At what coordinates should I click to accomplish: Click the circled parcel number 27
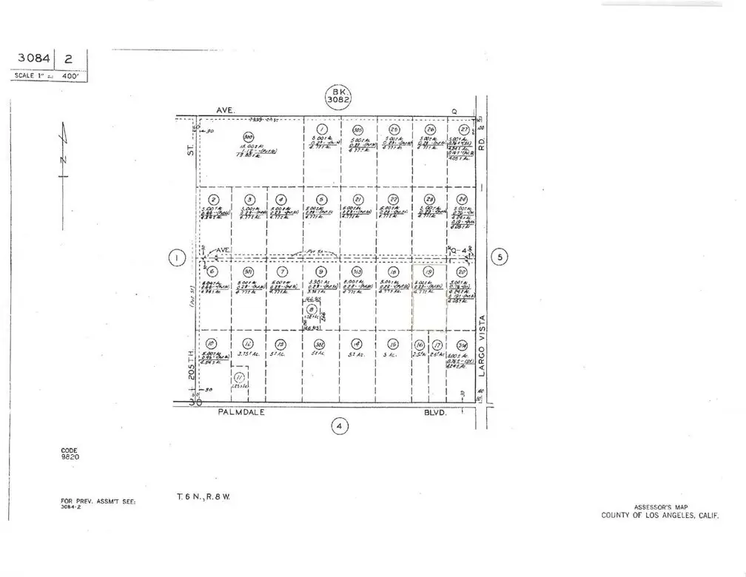click(464, 129)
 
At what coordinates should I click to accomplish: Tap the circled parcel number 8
click(312, 311)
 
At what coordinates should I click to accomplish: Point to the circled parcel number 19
click(429, 271)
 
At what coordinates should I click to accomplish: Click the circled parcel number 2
click(213, 200)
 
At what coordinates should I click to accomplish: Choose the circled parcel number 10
click(211, 343)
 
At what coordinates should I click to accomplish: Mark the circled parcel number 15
click(394, 344)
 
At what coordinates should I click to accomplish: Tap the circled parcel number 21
click(357, 200)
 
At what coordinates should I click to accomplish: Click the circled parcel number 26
click(429, 129)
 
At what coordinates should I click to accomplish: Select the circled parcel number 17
click(437, 345)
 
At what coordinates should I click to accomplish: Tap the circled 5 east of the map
click(500, 257)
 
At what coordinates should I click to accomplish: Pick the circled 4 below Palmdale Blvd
click(339, 426)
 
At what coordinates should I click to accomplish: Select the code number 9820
click(70, 457)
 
